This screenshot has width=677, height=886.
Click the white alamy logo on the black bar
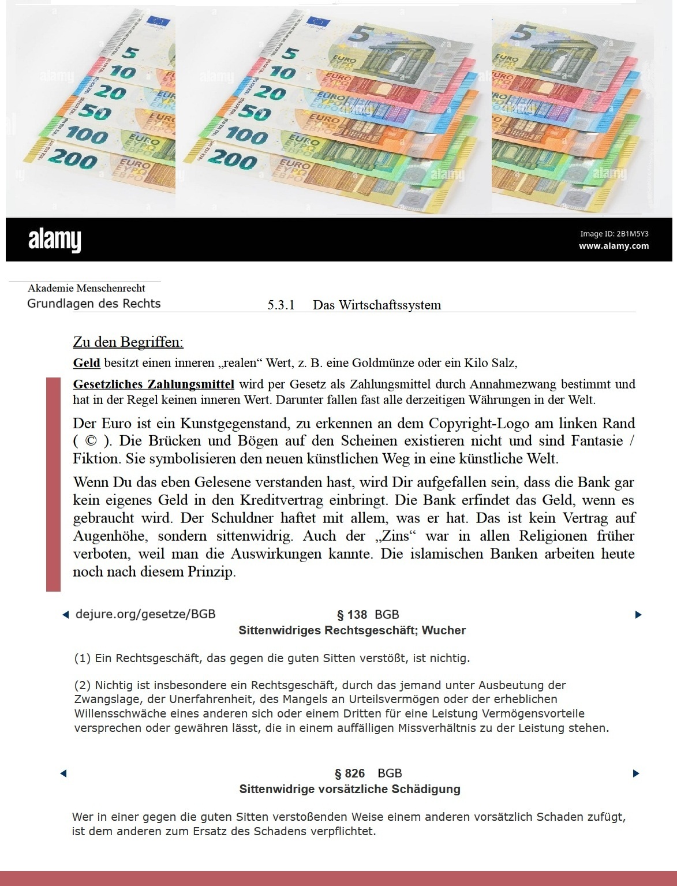(55, 240)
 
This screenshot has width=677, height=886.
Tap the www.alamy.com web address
(614, 246)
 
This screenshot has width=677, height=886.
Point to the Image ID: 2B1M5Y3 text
(614, 234)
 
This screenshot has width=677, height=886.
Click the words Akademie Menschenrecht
(87, 288)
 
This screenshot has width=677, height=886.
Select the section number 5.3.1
(281, 305)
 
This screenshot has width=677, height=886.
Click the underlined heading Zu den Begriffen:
(128, 342)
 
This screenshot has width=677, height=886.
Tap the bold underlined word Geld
(87, 363)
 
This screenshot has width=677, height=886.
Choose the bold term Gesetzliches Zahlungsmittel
(154, 384)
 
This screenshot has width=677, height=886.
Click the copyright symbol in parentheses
(91, 441)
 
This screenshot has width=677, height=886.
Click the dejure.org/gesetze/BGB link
(145, 614)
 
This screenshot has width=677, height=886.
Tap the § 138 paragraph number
(352, 615)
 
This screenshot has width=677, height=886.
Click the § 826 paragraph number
(350, 773)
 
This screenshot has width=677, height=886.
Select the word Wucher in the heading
(443, 630)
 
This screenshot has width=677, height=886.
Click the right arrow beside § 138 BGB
(638, 615)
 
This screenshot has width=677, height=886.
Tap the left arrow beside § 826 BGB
(63, 773)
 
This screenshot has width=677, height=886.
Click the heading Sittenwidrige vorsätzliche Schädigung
(350, 789)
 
